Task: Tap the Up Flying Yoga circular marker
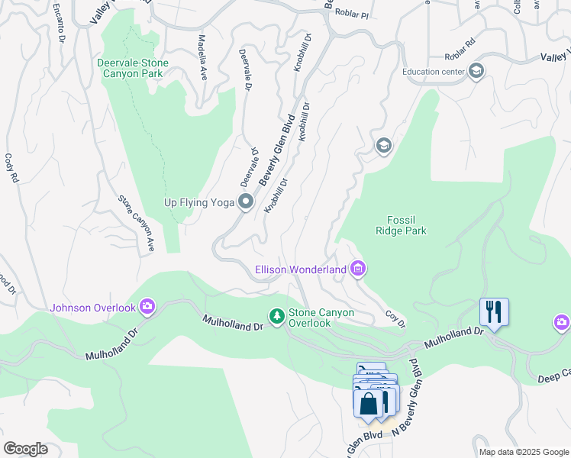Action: point(246,202)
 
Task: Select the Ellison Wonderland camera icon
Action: point(358,269)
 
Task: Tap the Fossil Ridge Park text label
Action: point(401,225)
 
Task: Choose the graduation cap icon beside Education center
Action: point(476,72)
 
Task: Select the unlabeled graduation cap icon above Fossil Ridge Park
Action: point(383,145)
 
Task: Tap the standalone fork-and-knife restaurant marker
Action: point(494,311)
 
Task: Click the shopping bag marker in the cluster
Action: point(368,402)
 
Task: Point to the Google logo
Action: point(25,448)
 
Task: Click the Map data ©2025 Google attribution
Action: point(524,451)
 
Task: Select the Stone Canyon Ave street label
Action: point(136,223)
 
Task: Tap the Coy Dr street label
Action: point(394,315)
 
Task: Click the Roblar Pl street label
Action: point(353,15)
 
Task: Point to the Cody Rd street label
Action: point(10,169)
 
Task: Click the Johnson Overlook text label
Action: point(93,308)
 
